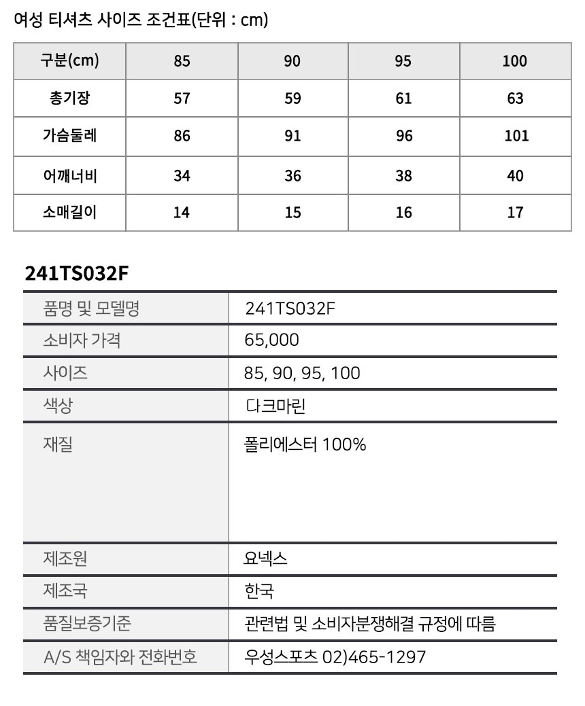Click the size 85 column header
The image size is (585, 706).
(182, 61)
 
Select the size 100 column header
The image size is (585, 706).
(515, 61)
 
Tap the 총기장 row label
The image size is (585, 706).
(69, 99)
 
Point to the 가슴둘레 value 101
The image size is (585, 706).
(516, 136)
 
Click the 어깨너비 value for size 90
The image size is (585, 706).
(292, 176)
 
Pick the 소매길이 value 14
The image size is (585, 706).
(182, 213)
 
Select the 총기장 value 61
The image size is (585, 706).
(403, 99)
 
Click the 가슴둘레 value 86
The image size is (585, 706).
(182, 136)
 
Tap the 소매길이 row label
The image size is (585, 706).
(69, 213)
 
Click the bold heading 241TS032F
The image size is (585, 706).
(76, 273)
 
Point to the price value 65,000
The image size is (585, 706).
(271, 340)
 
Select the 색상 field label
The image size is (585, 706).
(58, 406)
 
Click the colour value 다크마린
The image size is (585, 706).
(275, 406)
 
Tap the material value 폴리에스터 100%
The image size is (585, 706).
(305, 444)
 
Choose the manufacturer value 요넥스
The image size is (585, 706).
(266, 559)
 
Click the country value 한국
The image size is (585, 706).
(259, 591)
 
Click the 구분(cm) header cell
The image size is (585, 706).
(69, 61)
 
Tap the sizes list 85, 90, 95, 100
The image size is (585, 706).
(302, 373)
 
